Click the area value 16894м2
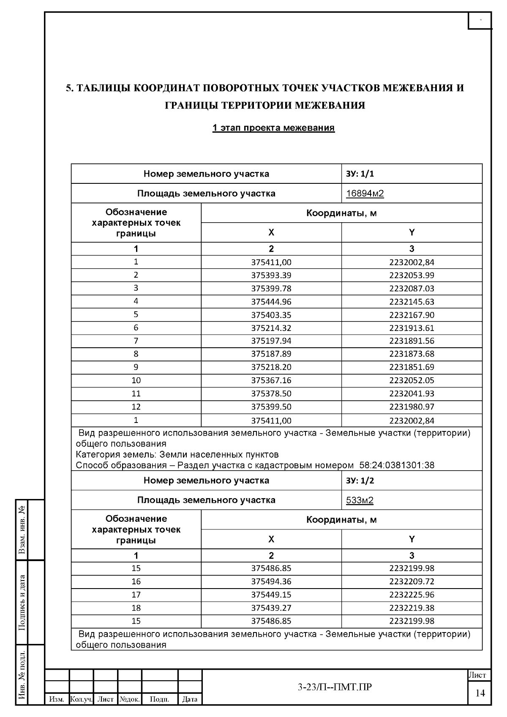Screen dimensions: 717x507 click(365, 194)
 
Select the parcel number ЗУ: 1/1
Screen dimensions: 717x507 click(360, 174)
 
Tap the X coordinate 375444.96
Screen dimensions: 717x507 click(271, 302)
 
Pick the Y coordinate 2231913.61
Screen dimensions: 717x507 click(412, 328)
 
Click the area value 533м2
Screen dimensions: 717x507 click(360, 500)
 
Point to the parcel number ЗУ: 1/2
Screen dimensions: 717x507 click(360, 480)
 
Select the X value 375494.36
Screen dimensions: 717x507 click(271, 581)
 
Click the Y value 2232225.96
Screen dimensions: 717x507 click(412, 594)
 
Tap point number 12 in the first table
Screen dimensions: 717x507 click(136, 407)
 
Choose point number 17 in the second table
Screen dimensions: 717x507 click(136, 594)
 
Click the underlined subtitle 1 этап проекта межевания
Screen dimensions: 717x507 click(273, 128)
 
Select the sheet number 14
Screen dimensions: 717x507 click(480, 693)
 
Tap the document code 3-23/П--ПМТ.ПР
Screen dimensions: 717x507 click(335, 687)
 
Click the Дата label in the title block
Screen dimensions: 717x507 click(190, 699)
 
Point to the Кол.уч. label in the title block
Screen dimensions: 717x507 click(81, 699)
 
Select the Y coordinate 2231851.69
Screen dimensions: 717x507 click(412, 367)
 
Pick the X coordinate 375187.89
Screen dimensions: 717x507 click(271, 354)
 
